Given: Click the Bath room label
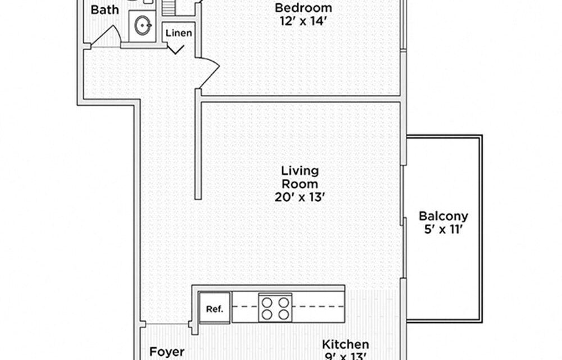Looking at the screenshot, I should click(x=105, y=10).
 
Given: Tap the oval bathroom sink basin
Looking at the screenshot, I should click(x=142, y=25).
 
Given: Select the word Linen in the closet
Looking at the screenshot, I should click(x=179, y=33).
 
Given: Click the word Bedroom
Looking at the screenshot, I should click(x=303, y=8).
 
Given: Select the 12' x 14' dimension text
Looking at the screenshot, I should click(x=303, y=21).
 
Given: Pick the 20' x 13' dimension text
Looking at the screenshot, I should click(x=300, y=197).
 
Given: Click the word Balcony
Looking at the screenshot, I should click(x=443, y=216).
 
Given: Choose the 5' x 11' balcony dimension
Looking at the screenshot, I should click(x=443, y=229).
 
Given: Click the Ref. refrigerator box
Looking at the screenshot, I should click(x=214, y=309).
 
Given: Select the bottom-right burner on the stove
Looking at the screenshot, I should click(x=284, y=316).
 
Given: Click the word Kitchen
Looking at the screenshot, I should click(x=345, y=344).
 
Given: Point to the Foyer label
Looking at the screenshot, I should click(x=167, y=352).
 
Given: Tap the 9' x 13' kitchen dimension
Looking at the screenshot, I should click(x=345, y=356).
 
